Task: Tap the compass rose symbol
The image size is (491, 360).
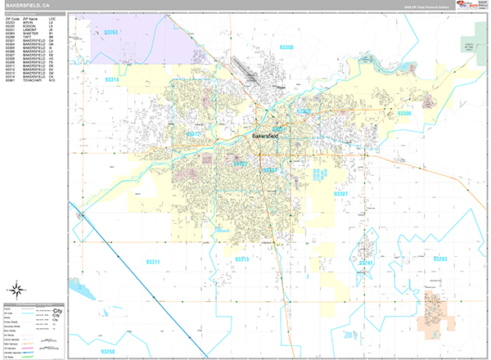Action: pyautogui.click(x=16, y=289)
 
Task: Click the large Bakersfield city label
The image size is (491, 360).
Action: pyautogui.click(x=268, y=136)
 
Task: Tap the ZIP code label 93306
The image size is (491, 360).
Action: pyautogui.click(x=404, y=113)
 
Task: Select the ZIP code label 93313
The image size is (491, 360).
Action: pyautogui.click(x=242, y=259)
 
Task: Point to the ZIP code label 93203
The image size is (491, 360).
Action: pyautogui.click(x=439, y=259)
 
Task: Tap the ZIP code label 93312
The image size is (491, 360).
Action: pyautogui.click(x=194, y=133)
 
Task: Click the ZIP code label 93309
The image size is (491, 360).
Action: pyautogui.click(x=240, y=164)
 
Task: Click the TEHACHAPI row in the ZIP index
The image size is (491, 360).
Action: pyautogui.click(x=33, y=81)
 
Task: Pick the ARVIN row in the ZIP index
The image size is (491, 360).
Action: pyautogui.click(x=33, y=25)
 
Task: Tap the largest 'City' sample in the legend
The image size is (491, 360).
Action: pyautogui.click(x=58, y=313)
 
